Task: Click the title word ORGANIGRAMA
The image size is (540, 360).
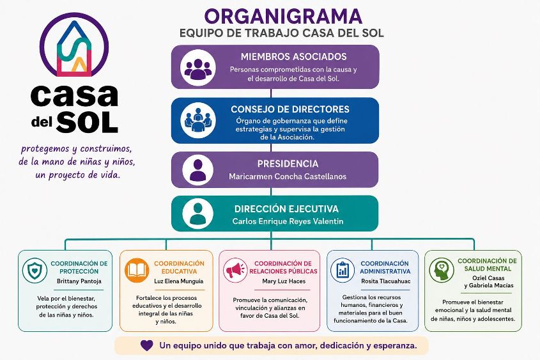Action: [283, 16]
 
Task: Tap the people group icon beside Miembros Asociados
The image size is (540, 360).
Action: [198, 68]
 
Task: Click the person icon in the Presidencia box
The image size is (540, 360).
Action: [197, 170]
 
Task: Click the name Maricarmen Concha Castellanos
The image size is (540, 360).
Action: [288, 176]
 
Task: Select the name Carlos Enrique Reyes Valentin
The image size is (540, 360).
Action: [288, 221]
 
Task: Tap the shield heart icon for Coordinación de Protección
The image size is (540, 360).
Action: [35, 270]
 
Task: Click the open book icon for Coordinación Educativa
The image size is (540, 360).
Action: [137, 270]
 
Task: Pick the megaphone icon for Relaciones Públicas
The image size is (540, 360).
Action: [235, 270]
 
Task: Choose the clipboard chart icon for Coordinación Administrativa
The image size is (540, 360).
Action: [343, 270]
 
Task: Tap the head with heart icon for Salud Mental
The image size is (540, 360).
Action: [442, 270]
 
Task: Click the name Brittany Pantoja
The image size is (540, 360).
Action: [79, 281]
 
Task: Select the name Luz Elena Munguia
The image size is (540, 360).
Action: [179, 281]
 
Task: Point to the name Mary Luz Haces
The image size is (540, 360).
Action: [284, 281]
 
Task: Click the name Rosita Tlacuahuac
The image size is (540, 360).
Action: [386, 281]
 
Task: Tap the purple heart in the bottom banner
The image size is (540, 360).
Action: [147, 345]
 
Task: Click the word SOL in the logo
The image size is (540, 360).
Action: [87, 122]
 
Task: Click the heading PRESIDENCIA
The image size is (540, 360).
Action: [288, 164]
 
